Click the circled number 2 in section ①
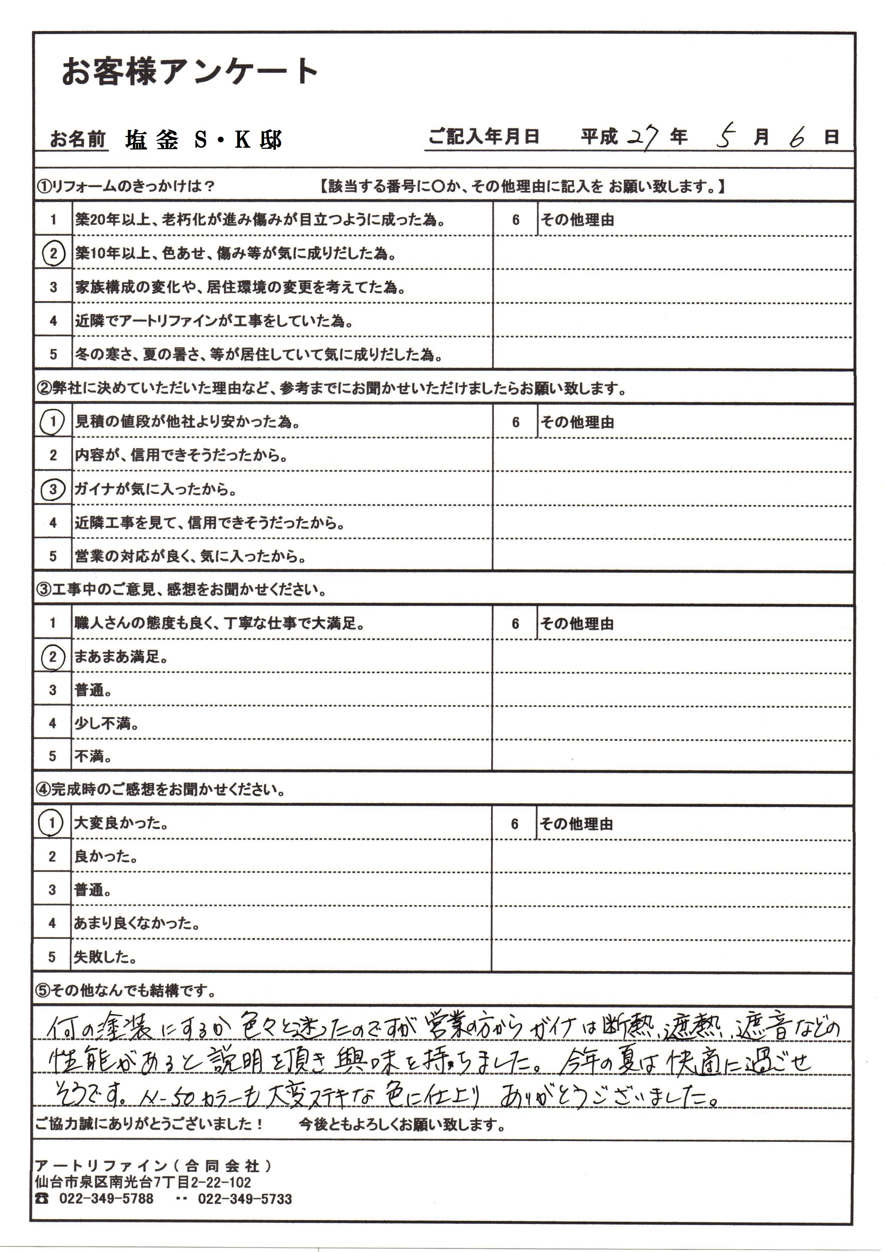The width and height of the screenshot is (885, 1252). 54,254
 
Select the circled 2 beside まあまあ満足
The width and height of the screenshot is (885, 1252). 52,657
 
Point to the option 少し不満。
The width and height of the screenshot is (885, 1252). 106,724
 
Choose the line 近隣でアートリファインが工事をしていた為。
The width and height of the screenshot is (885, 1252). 214,321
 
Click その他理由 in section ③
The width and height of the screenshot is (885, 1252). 576,624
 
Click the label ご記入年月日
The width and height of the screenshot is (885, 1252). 484,137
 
